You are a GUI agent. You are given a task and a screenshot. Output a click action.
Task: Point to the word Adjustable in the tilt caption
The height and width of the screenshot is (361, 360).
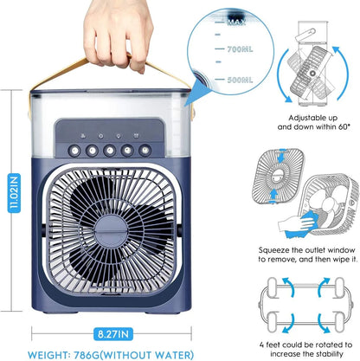point(301,116)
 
